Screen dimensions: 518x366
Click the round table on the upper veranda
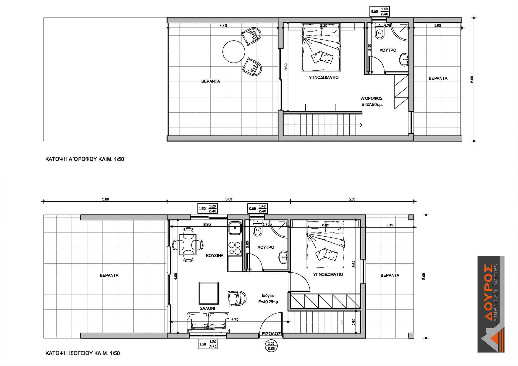(x=234, y=51)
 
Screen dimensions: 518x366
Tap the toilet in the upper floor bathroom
(x=380, y=32)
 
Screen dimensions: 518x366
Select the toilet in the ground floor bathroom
(x=258, y=228)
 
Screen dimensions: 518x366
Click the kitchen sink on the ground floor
(x=235, y=228)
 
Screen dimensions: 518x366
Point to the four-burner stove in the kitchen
(x=234, y=248)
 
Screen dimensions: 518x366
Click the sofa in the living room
(x=208, y=322)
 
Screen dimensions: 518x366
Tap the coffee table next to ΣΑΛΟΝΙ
(x=209, y=293)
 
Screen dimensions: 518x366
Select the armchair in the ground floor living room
(x=237, y=298)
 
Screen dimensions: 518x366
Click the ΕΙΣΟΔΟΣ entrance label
(x=272, y=334)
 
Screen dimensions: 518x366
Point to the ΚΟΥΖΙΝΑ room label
(x=215, y=255)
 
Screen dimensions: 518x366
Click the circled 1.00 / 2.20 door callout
(x=271, y=346)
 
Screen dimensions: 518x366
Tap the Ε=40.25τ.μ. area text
(x=269, y=302)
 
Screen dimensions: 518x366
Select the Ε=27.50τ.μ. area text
(x=372, y=105)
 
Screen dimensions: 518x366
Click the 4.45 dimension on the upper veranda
(x=223, y=26)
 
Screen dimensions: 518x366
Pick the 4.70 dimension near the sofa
(x=235, y=319)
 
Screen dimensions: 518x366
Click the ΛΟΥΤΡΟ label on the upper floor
(x=388, y=50)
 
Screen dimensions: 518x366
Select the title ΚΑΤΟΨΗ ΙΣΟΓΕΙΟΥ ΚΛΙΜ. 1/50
(x=83, y=353)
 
